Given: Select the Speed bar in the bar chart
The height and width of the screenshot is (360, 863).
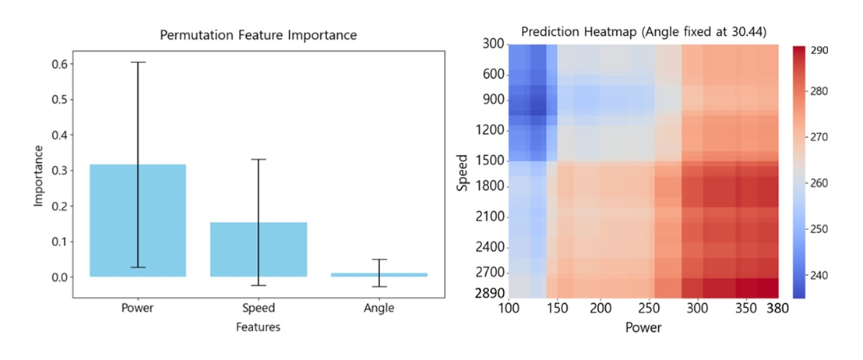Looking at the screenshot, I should click(x=258, y=249).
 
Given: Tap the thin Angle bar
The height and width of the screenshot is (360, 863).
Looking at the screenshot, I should click(x=379, y=274).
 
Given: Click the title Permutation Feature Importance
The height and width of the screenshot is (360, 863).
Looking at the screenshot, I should click(x=258, y=35).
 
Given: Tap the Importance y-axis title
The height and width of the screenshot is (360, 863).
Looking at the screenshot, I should click(x=38, y=169).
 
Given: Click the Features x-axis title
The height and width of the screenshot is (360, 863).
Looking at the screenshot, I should click(x=258, y=327).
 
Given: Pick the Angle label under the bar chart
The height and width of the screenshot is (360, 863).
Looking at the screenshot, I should click(x=379, y=308).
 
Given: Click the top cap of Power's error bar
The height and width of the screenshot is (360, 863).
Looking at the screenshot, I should click(x=138, y=62).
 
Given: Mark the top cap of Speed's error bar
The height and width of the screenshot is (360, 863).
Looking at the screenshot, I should click(x=258, y=159).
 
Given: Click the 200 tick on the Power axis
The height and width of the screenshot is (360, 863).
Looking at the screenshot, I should click(x=600, y=309).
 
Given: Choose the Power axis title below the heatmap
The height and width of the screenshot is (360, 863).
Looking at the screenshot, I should click(x=643, y=328).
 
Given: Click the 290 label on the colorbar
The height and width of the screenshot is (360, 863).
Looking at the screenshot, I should click(x=819, y=51).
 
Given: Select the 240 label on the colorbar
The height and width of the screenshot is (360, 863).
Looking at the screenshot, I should click(x=819, y=275).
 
